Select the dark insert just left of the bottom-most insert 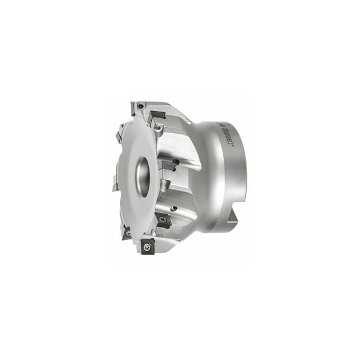click(127, 232)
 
